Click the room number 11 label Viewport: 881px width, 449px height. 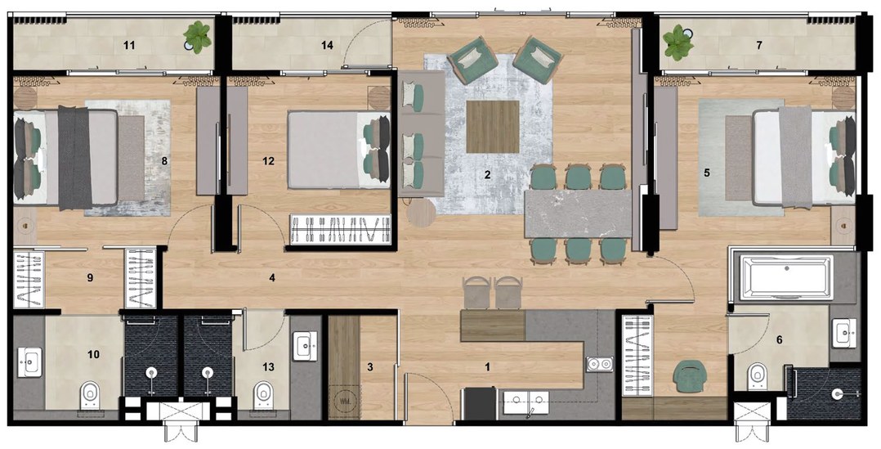129,45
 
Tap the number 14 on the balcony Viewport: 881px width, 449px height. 327,45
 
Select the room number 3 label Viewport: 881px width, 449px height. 369,367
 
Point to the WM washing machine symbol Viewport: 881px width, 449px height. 344,402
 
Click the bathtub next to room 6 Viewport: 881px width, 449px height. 786,276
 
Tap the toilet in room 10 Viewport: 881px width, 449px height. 90,395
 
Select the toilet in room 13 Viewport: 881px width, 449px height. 263,395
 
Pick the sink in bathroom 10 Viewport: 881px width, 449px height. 29,362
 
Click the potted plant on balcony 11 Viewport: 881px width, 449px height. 198,37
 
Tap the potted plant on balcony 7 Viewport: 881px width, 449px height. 678,43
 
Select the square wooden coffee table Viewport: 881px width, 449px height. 493,127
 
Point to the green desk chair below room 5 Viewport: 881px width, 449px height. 691,376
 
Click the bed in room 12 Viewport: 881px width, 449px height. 339,150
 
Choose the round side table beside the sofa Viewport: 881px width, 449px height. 422,213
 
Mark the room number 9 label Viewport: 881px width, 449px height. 90,277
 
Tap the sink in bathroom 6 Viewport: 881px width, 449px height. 845,332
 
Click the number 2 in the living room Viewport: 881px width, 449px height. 488,175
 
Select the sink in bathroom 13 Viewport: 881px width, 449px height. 305,346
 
